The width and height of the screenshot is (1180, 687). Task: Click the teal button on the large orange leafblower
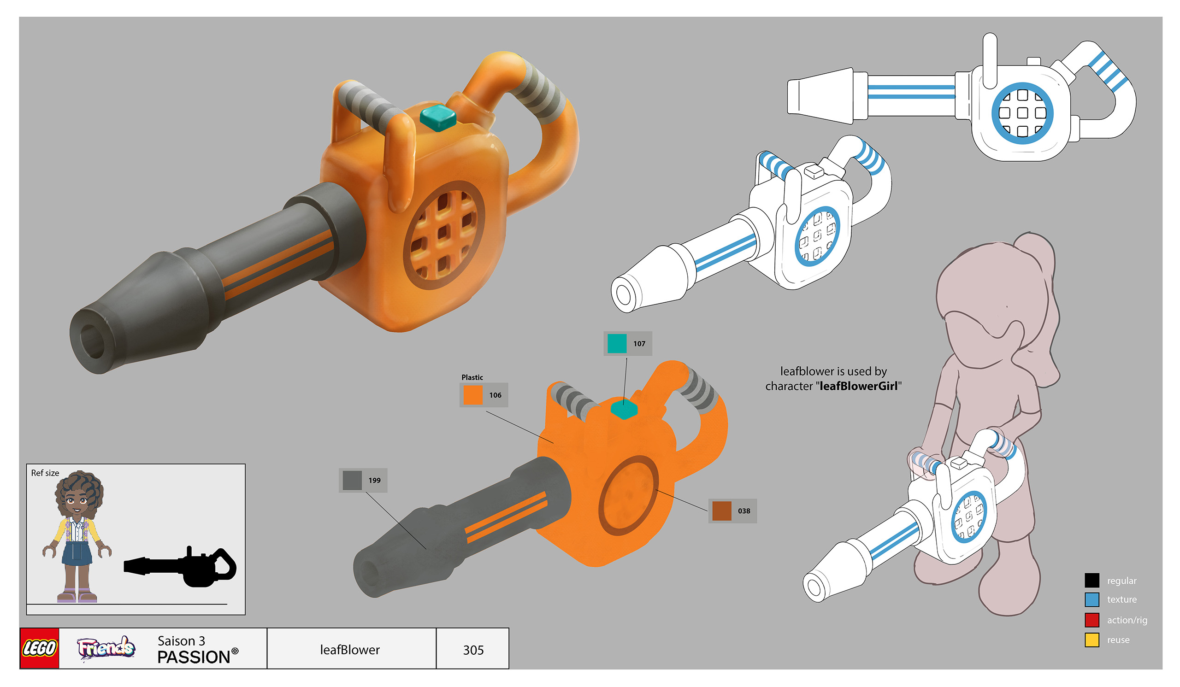[438, 117]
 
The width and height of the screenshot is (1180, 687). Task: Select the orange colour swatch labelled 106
[472, 394]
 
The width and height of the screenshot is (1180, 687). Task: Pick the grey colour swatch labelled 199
[352, 480]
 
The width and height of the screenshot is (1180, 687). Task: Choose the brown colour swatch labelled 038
[721, 511]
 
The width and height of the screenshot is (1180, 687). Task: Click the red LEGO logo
[39, 648]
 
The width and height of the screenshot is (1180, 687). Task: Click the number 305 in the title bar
[473, 650]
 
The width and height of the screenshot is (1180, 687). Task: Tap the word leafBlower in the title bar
[350, 650]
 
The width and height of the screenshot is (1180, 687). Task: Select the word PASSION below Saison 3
[194, 657]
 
